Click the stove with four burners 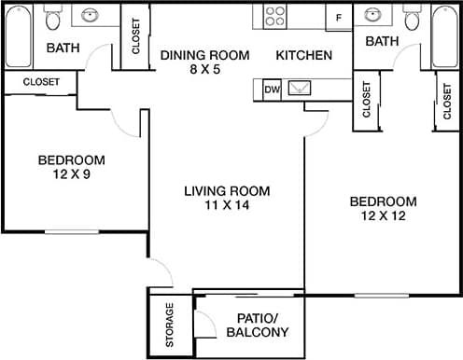(274, 16)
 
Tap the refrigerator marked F (338, 17)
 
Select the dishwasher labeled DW (273, 90)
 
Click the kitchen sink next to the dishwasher (302, 90)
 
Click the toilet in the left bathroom (54, 18)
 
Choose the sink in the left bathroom (91, 16)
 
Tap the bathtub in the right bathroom (445, 36)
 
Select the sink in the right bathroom (373, 16)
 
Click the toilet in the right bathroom (412, 18)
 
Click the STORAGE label (169, 322)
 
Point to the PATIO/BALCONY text (258, 325)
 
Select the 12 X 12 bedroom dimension (382, 216)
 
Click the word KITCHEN (304, 56)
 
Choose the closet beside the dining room (135, 36)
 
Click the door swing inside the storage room (201, 324)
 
